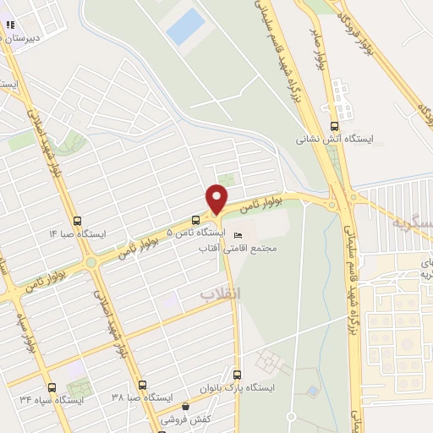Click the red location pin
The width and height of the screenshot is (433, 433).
pyautogui.click(x=216, y=199)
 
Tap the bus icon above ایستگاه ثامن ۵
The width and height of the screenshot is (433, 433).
pyautogui.click(x=195, y=218)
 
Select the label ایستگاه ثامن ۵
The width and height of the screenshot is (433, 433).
pyautogui.click(x=194, y=232)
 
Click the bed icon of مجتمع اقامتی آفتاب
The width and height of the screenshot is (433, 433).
pyautogui.click(x=238, y=235)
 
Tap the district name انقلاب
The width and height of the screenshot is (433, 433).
pyautogui.click(x=221, y=293)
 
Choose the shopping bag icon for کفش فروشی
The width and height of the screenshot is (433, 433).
pyautogui.click(x=186, y=407)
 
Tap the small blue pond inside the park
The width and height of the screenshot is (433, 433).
pyautogui.click(x=313, y=391)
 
